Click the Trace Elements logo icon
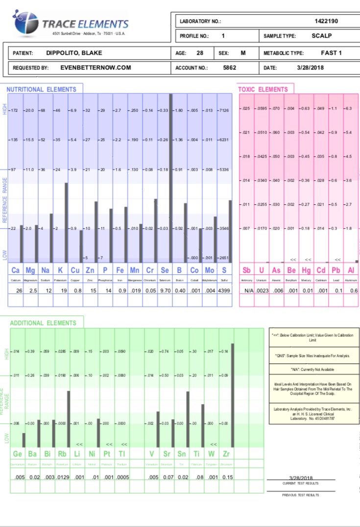[26, 23]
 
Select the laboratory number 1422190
[326, 21]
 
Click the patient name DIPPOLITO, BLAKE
[74, 53]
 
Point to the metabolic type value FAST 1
[331, 53]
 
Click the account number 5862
[229, 68]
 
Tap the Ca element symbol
[16, 270]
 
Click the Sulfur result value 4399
[224, 290]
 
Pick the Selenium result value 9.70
[165, 290]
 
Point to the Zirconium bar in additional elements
[232, 395]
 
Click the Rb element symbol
[62, 454]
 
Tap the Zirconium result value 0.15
[227, 477]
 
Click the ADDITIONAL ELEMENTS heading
[43, 323]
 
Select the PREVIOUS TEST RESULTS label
[301, 495]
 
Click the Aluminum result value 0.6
[354, 290]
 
